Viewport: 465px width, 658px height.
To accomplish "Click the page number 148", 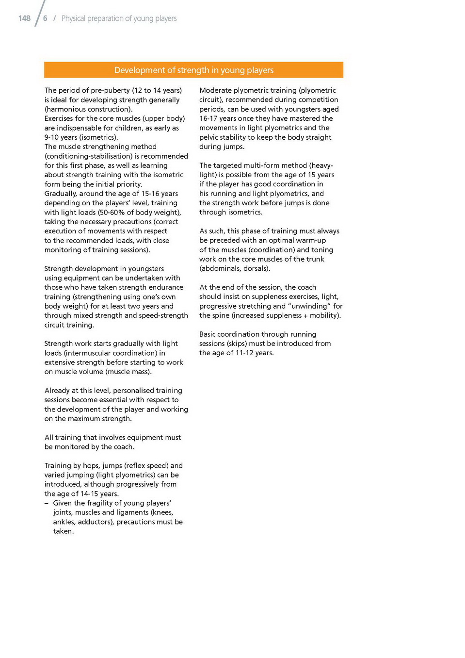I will click(x=24, y=18).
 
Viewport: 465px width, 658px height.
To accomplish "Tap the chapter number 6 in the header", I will click(x=45, y=18).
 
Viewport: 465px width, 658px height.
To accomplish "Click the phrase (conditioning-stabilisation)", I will click(x=88, y=156).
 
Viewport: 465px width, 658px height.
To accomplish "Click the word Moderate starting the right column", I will click(x=215, y=90).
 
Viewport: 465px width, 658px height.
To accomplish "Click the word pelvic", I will click(x=208, y=137).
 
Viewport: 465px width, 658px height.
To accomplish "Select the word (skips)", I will click(x=237, y=344).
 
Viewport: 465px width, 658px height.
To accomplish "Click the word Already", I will click(x=58, y=391).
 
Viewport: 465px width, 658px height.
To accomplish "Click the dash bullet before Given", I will click(x=47, y=503).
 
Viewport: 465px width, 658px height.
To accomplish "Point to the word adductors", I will click(x=93, y=522).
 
